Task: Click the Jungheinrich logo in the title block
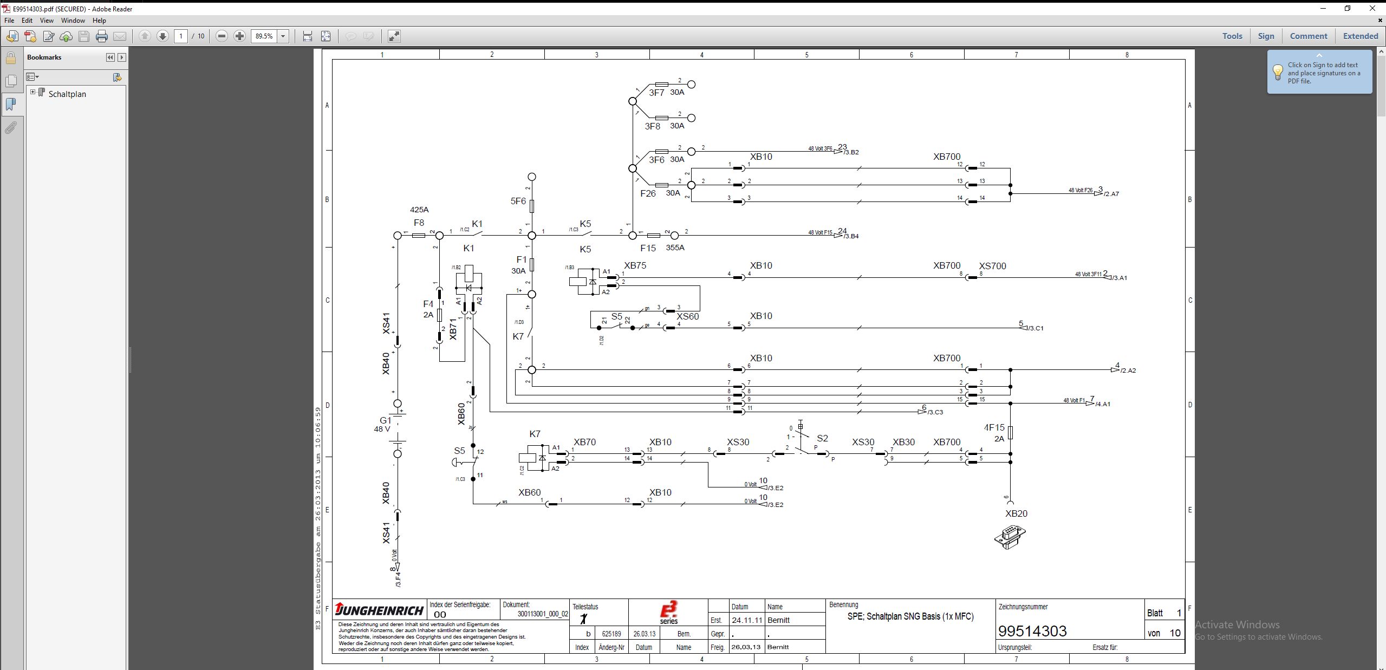click(x=379, y=610)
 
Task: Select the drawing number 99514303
click(x=1032, y=631)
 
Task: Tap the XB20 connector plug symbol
click(x=1010, y=537)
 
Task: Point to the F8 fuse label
click(x=419, y=223)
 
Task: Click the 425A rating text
click(x=419, y=210)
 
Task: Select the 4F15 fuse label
click(x=994, y=427)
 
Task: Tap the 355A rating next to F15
click(x=675, y=248)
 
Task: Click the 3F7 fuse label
click(x=656, y=93)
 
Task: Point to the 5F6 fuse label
click(x=518, y=201)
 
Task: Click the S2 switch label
click(x=822, y=438)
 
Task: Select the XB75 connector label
click(x=635, y=265)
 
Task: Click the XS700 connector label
click(x=992, y=266)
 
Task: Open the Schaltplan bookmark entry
click(x=67, y=94)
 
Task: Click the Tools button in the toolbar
click(x=1232, y=36)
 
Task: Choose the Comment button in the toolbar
click(x=1308, y=36)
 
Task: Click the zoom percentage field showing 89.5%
click(x=264, y=36)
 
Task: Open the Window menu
click(x=73, y=21)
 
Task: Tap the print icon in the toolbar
click(x=101, y=36)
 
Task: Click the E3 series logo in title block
click(x=668, y=612)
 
